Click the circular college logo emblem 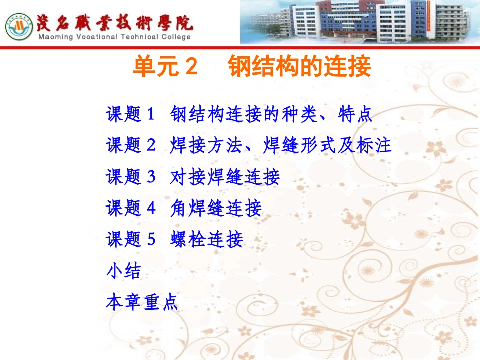click(19, 27)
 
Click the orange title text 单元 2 click(164, 67)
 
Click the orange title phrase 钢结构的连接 click(300, 67)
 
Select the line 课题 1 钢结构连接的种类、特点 click(239, 115)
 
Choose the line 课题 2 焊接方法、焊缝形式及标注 click(248, 146)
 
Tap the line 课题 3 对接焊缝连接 click(193, 177)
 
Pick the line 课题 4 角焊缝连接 click(183, 208)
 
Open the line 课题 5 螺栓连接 click(174, 239)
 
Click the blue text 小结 click(123, 271)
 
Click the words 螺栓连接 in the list click(207, 239)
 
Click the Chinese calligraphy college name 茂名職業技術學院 click(114, 22)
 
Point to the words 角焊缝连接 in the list click(216, 208)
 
